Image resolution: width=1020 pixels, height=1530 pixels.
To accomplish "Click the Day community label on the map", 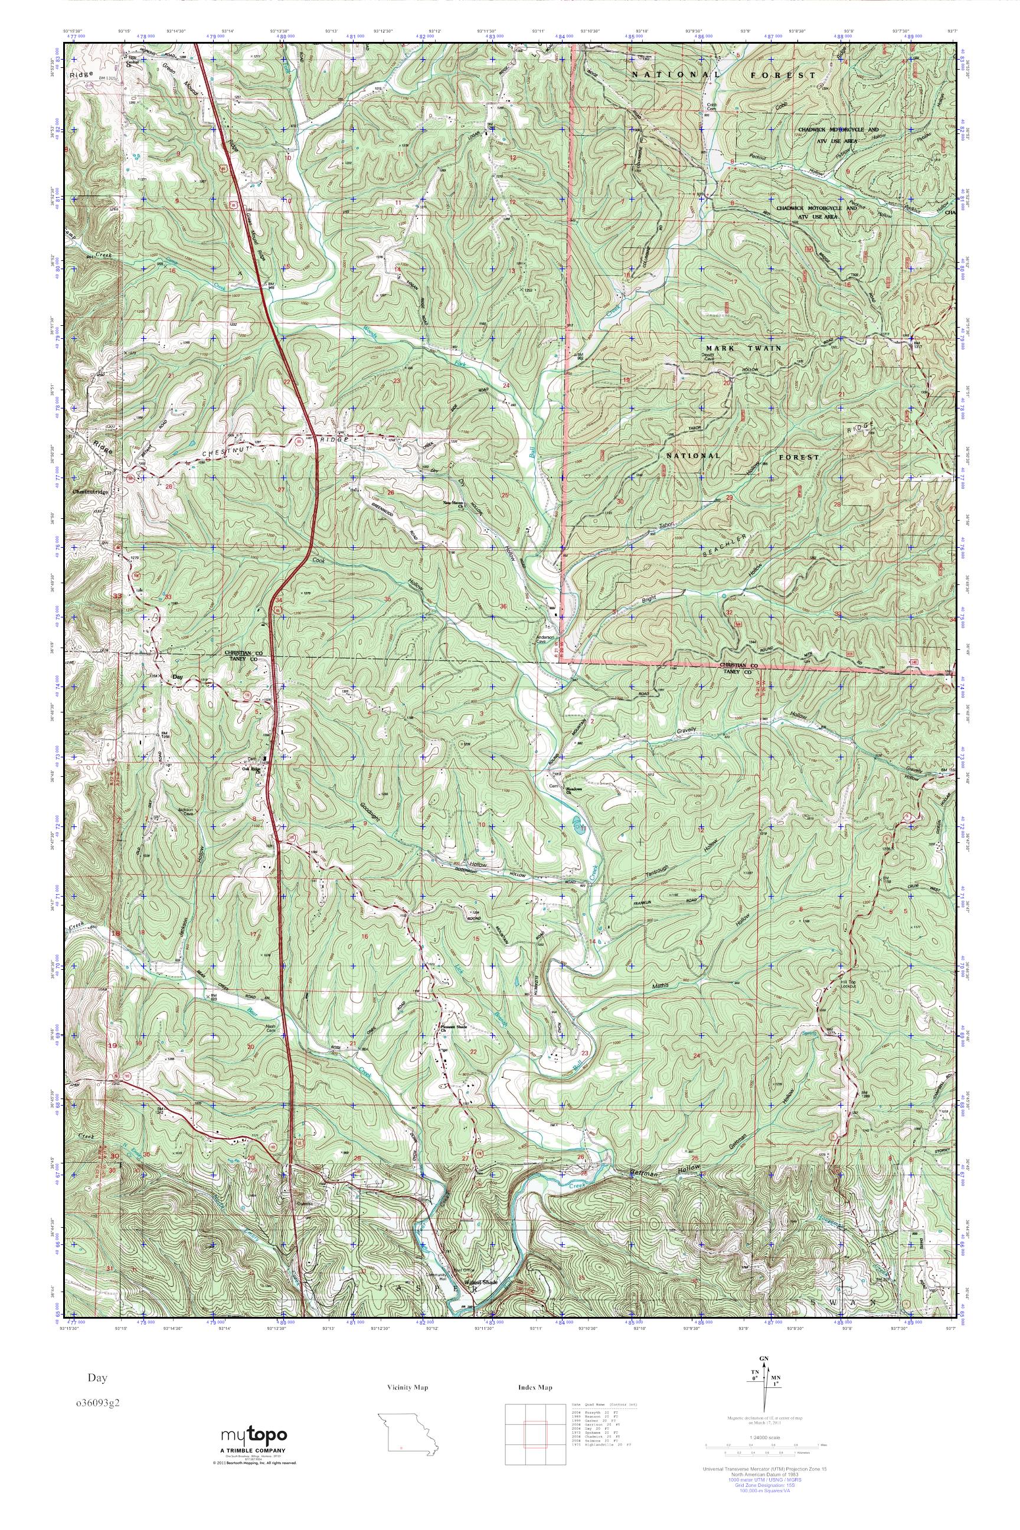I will pyautogui.click(x=178, y=677).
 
